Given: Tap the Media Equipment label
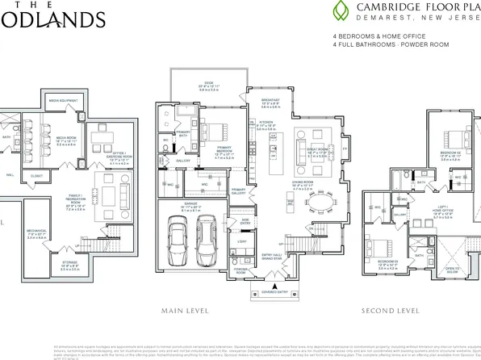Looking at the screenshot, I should [x=63, y=100].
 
